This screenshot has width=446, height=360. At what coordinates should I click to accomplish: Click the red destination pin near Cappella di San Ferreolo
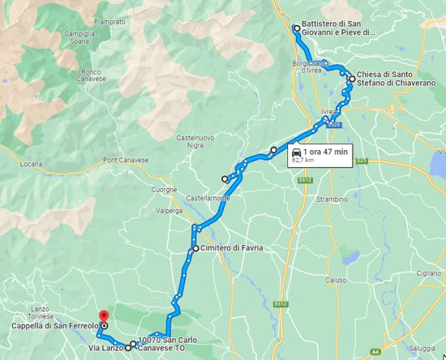[102, 316]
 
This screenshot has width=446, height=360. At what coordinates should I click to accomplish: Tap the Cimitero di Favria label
[234, 247]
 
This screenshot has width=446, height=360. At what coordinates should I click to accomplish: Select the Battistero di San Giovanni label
[338, 28]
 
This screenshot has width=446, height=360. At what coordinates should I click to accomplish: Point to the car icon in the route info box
[298, 152]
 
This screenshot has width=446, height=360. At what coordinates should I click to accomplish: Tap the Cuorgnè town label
[163, 190]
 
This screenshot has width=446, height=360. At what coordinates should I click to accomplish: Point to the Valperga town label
[169, 209]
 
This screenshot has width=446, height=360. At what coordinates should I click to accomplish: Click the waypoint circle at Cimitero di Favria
[195, 247]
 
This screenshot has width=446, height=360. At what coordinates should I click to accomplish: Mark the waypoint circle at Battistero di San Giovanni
[296, 28]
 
